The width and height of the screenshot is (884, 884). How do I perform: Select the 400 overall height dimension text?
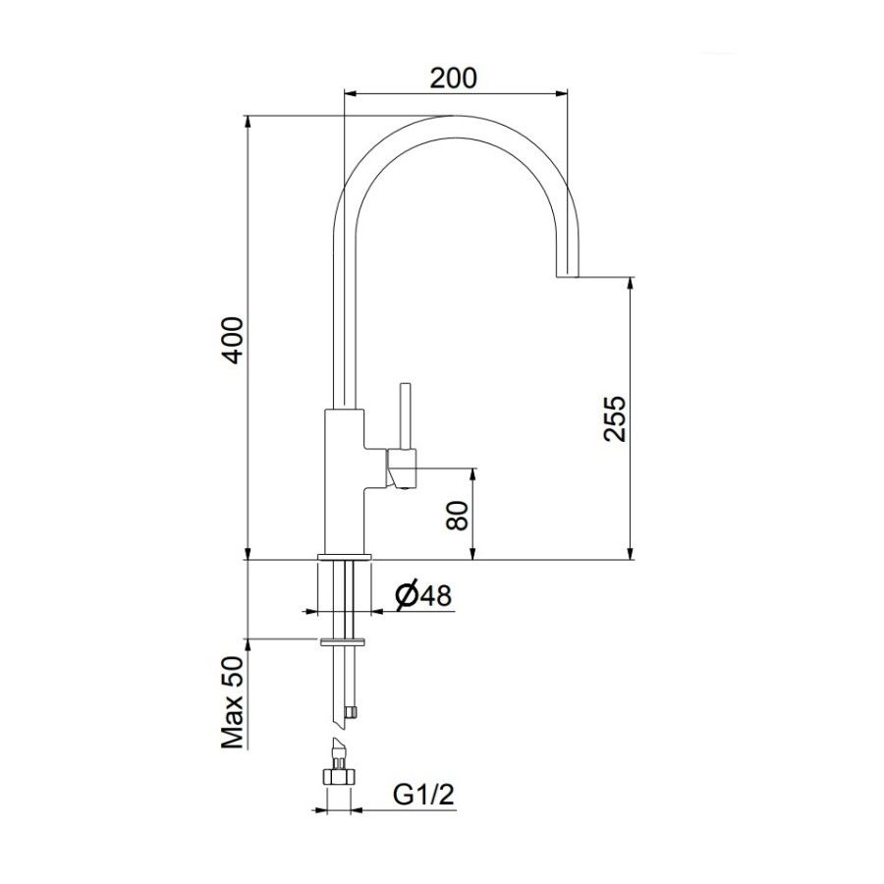point(231,340)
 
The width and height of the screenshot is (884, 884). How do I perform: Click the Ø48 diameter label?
point(421,594)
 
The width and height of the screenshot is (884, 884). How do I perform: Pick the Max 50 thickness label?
point(232,704)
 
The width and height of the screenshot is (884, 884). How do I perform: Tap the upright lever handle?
point(404,414)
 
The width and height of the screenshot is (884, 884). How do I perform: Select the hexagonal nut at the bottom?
point(338,774)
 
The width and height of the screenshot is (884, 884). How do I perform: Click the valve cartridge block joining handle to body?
point(401,467)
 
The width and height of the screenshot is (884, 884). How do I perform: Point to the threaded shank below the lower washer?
point(345,683)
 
